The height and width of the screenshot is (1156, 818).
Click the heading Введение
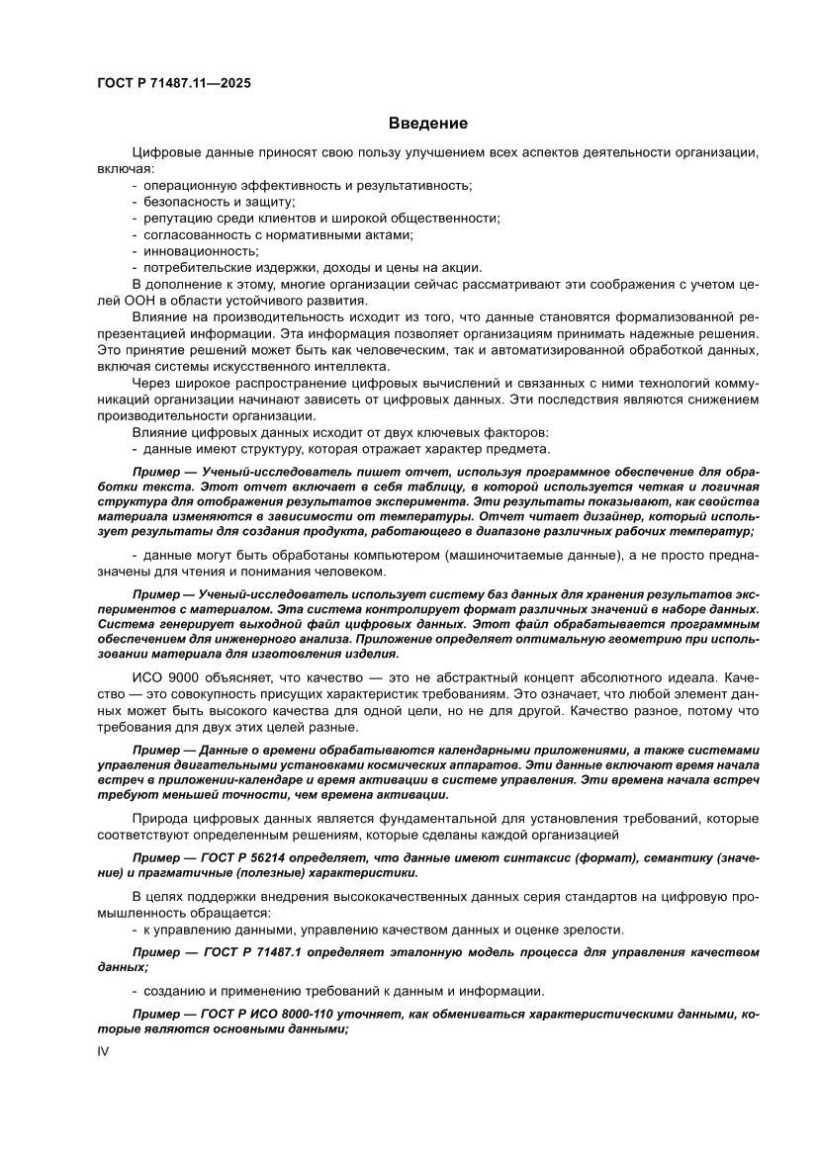[x=427, y=124]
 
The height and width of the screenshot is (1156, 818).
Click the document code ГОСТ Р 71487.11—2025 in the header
[x=173, y=83]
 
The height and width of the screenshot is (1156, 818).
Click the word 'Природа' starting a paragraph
[x=159, y=819]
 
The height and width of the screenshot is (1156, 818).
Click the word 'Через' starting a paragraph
[x=150, y=384]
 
